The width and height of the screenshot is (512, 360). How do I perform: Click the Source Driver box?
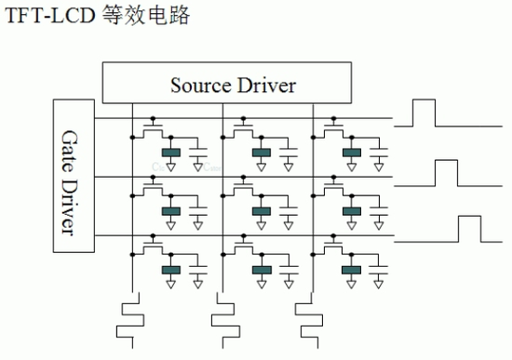[233, 85]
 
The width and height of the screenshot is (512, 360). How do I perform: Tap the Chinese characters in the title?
[152, 17]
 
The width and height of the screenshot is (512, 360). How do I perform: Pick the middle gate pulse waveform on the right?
[445, 173]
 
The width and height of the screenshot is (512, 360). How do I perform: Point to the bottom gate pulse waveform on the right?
[467, 229]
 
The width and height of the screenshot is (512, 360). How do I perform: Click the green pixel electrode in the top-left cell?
[171, 153]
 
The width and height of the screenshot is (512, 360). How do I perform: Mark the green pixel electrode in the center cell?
[262, 211]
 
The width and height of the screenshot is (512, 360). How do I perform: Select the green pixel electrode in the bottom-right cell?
[352, 271]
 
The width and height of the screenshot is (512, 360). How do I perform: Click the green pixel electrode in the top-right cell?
[352, 153]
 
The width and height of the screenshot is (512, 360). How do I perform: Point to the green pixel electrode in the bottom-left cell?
[171, 271]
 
